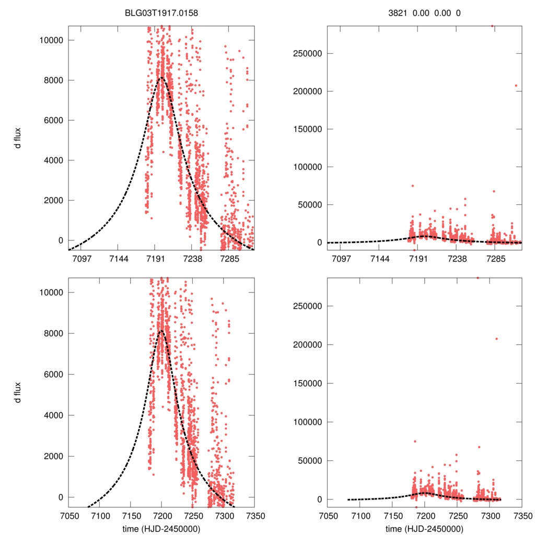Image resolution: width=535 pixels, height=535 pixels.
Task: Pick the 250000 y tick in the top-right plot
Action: click(x=307, y=53)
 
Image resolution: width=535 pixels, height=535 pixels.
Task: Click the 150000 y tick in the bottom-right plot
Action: click(x=307, y=383)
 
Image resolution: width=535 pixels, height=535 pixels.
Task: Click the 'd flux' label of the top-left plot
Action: click(x=18, y=138)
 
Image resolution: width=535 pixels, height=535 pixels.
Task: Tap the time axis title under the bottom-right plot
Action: click(x=424, y=528)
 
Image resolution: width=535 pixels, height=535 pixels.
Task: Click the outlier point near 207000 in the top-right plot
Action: click(x=516, y=86)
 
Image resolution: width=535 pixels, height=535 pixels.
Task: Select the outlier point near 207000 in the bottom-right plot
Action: click(x=496, y=339)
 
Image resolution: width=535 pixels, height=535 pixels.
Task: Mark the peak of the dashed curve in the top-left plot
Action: click(x=161, y=78)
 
